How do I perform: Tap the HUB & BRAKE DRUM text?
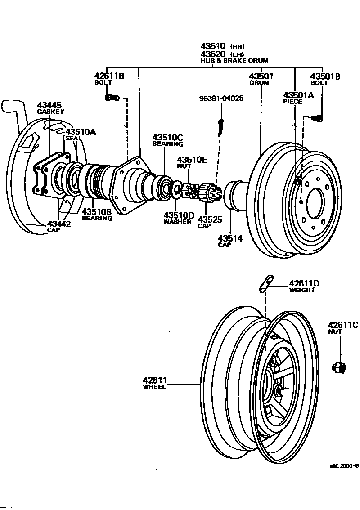click(234, 60)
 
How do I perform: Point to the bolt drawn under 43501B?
click(316, 118)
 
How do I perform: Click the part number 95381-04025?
click(221, 98)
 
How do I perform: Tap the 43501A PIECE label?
click(298, 98)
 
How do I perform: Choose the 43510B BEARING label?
click(96, 215)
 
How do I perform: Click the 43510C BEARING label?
click(167, 140)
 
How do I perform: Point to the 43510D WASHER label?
click(178, 218)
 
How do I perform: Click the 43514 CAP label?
click(230, 241)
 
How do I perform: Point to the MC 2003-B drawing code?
click(344, 466)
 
